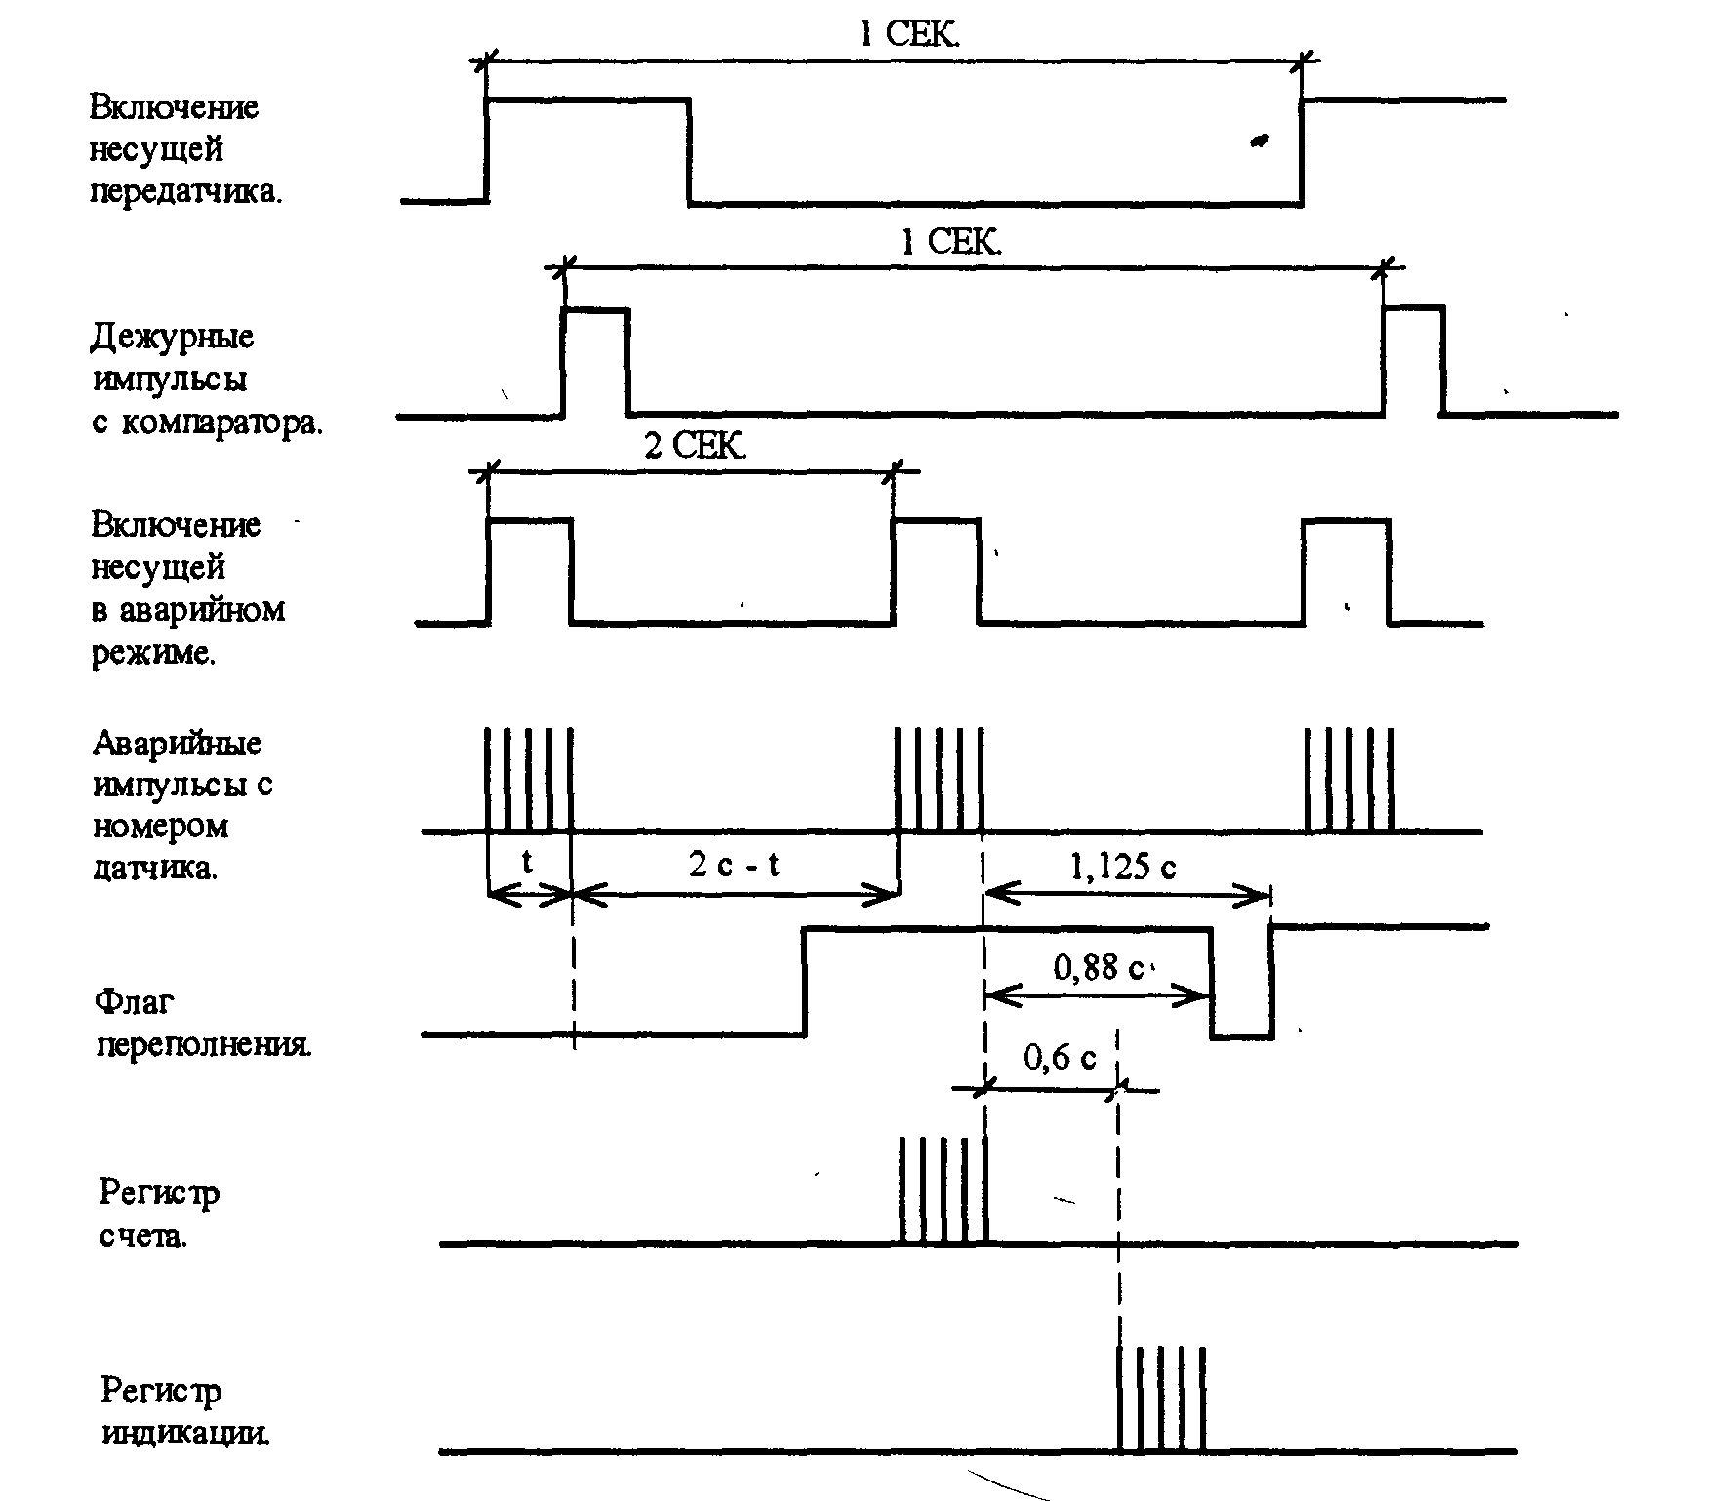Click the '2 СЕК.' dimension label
695,447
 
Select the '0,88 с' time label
1098,968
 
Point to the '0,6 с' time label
1060,1057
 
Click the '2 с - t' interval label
734,865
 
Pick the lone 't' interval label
527,863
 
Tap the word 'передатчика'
185,192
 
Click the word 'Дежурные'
173,338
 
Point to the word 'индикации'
185,1434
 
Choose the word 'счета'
142,1237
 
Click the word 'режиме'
153,653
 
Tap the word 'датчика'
155,868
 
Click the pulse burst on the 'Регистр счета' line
943,1191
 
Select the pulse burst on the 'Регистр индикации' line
1161,1399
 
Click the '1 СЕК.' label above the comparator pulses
950,242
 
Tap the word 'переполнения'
205,1046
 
